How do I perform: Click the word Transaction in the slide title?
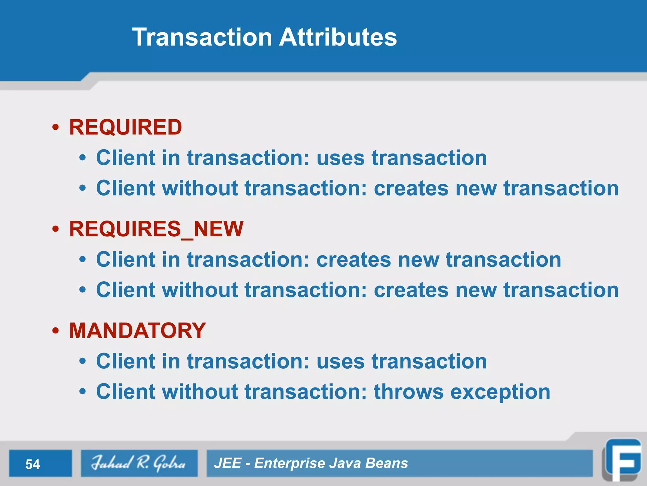tap(202, 37)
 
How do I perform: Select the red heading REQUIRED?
tap(125, 127)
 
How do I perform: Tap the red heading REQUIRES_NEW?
tap(156, 229)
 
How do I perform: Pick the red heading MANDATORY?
tap(137, 331)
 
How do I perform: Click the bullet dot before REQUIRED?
tap(56, 128)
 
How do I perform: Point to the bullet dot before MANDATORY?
tap(56, 331)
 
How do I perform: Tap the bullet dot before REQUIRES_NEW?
tap(56, 229)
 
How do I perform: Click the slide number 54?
tap(33, 464)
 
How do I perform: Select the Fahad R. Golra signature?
tap(138, 463)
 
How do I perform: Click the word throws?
tap(409, 392)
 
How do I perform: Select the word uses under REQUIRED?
tap(341, 158)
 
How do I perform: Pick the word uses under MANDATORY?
tap(341, 362)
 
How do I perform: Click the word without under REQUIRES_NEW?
tap(200, 290)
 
